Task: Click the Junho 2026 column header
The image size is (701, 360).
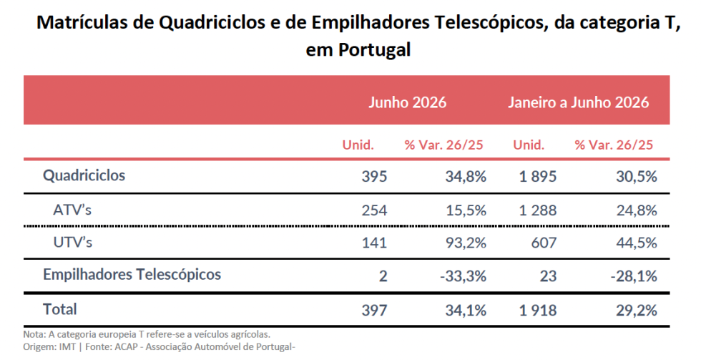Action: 407,102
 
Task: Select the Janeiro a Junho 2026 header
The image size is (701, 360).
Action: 578,102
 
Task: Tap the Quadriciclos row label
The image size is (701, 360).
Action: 84,175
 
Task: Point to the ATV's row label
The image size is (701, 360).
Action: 72,209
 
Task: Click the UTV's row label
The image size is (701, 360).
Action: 73,243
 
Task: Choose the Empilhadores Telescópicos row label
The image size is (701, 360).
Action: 132,274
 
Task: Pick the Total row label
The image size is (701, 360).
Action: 60,309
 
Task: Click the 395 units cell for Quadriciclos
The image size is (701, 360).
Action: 374,176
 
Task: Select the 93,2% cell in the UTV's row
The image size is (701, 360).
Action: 466,243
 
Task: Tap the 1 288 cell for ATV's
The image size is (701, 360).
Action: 538,210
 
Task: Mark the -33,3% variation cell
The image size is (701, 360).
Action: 463,276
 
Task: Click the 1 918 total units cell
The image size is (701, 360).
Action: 538,311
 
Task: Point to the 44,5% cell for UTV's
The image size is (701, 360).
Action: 637,243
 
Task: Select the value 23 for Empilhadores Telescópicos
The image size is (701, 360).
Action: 548,276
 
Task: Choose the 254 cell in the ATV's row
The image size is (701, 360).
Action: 374,210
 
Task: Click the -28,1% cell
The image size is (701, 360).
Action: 634,276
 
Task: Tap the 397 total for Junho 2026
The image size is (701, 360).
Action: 374,311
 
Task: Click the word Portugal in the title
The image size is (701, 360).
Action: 374,49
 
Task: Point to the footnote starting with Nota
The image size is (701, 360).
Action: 147,334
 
